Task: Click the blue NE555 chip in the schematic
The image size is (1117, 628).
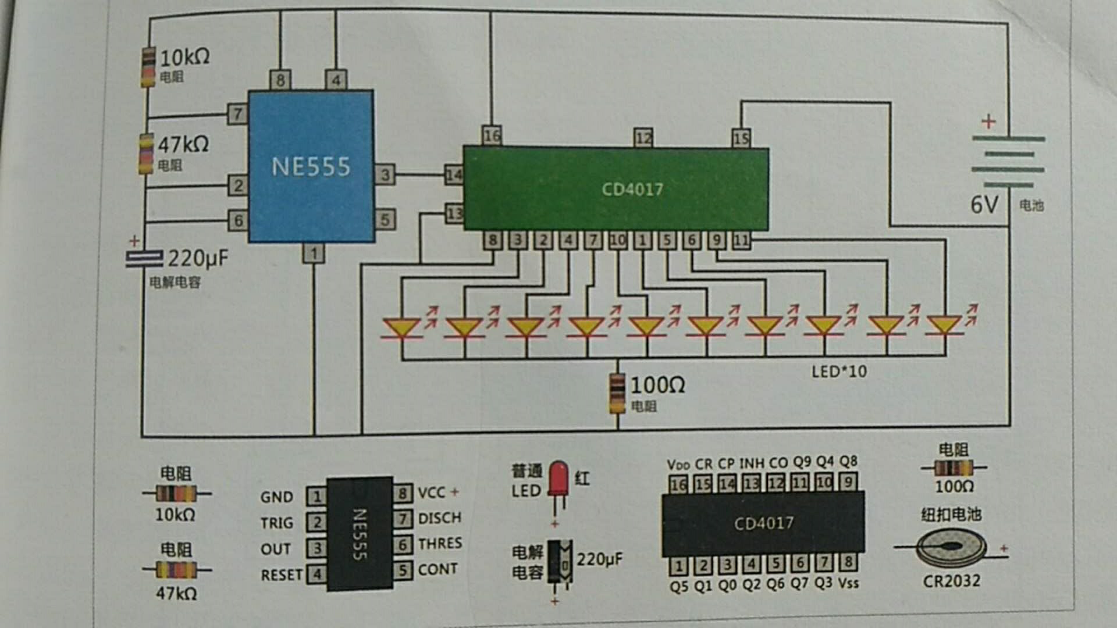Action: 311,166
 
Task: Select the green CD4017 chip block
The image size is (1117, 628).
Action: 616,189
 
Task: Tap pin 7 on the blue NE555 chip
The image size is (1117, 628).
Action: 237,114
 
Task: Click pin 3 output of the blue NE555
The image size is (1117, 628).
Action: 385,174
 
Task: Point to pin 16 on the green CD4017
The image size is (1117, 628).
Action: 492,135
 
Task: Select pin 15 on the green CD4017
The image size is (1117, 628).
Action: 741,138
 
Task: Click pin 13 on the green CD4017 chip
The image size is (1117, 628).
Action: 454,213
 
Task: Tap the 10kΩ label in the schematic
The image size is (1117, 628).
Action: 184,57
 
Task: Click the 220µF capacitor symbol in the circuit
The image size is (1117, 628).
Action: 144,259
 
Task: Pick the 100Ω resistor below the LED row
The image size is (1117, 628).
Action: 617,394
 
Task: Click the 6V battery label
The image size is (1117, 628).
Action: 984,205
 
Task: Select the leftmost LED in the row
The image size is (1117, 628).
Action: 402,327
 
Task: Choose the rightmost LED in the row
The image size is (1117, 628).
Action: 944,326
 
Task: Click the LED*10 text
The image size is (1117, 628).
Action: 839,371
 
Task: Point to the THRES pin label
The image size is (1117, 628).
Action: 440,543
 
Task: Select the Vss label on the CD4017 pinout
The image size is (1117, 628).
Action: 848,583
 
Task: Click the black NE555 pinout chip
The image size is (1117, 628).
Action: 360,534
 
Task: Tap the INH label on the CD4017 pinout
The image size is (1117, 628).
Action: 752,463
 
